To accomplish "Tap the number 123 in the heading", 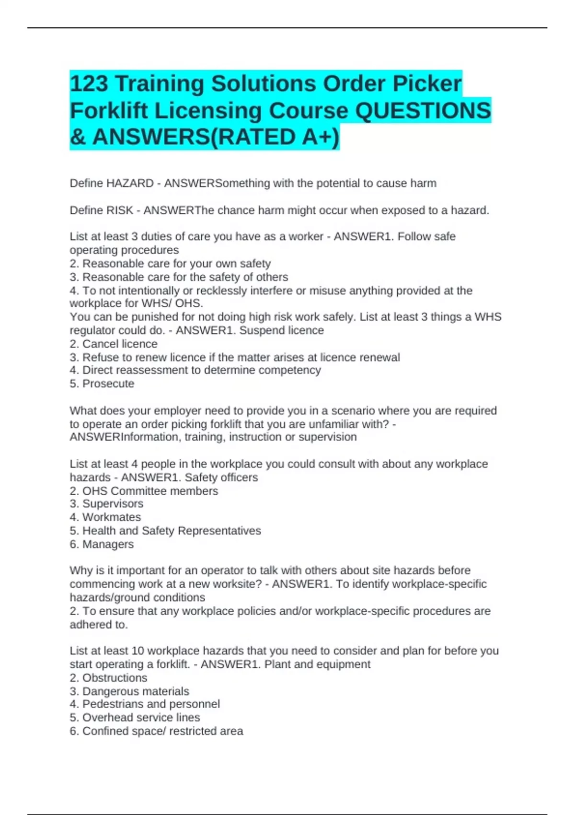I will pyautogui.click(x=89, y=84).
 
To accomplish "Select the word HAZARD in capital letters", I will pyautogui.click(x=130, y=184).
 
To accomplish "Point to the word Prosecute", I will pyautogui.click(x=108, y=384).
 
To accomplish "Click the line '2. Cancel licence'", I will pyautogui.click(x=114, y=344).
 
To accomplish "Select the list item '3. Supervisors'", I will pyautogui.click(x=106, y=504).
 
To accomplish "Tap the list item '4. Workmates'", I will pyautogui.click(x=105, y=517).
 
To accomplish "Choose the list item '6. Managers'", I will pyautogui.click(x=102, y=544).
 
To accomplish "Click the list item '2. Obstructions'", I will pyautogui.click(x=108, y=678).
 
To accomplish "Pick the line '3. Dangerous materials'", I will pyautogui.click(x=129, y=691).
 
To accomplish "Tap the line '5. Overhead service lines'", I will pyautogui.click(x=135, y=718).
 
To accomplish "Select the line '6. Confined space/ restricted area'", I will pyautogui.click(x=156, y=731).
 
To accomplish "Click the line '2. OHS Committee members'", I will pyautogui.click(x=144, y=491).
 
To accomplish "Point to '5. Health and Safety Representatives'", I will pyautogui.click(x=165, y=531).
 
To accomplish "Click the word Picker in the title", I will pyautogui.click(x=427, y=84).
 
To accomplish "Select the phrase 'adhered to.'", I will pyautogui.click(x=99, y=625).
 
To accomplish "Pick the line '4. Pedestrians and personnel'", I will pyautogui.click(x=145, y=704).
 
